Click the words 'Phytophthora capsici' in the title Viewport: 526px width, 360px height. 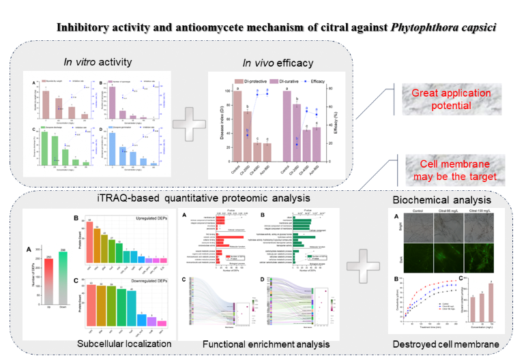pos(444,27)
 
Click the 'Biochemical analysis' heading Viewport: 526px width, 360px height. pos(442,200)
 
